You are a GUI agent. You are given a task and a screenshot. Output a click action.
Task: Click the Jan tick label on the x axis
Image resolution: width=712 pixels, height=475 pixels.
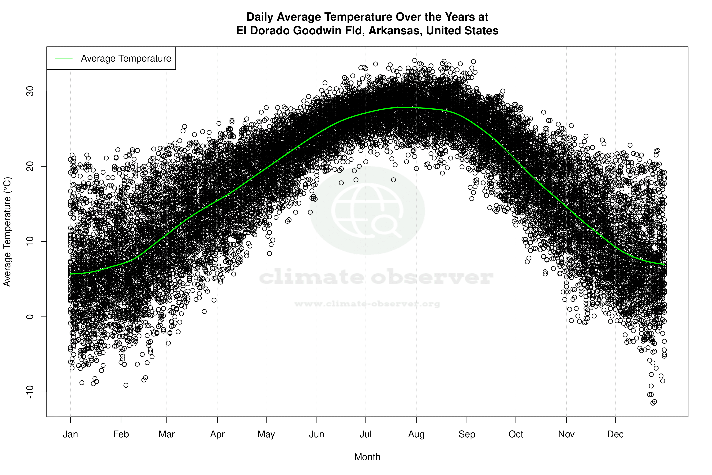(70, 434)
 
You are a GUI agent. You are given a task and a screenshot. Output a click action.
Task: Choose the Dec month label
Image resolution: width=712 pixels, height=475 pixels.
(615, 434)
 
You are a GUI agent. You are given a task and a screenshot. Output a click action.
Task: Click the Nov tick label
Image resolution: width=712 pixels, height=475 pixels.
(566, 434)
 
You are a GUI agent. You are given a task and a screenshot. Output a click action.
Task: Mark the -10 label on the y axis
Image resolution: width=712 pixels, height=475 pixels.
(30, 392)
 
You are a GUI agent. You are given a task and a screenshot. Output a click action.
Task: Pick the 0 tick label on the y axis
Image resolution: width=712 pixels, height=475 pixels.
(30, 317)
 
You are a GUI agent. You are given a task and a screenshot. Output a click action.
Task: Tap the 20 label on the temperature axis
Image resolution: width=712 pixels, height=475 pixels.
(30, 166)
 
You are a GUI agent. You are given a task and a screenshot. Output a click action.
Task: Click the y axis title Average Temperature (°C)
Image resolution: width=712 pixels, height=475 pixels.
(7, 232)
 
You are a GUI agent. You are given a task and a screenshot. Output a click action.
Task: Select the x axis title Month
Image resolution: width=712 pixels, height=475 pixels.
(367, 457)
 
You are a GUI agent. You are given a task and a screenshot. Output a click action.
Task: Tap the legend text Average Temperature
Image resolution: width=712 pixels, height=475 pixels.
(126, 59)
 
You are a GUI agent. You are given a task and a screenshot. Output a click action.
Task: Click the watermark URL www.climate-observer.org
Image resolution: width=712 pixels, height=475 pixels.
(367, 304)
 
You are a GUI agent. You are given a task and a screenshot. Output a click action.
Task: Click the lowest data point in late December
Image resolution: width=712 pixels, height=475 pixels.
(653, 403)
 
